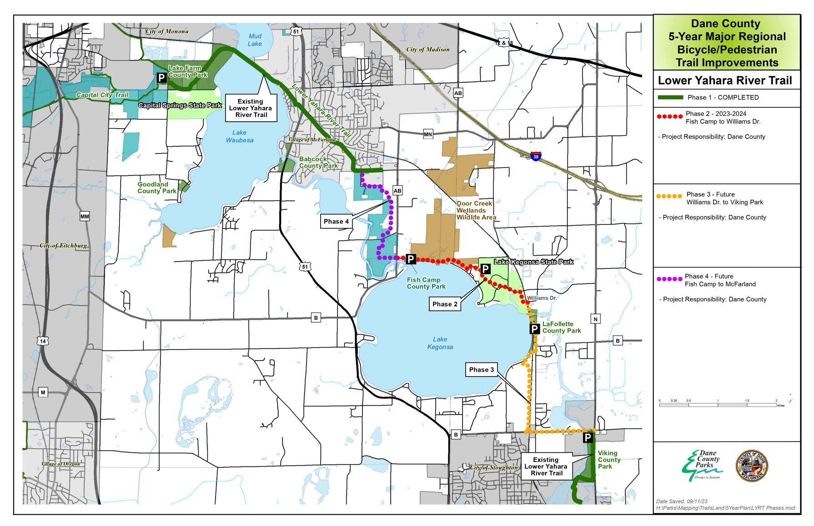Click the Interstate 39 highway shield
point(536,156)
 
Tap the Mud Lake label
point(255,40)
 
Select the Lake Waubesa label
point(240,136)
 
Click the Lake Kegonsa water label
point(440,343)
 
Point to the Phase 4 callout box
point(336,221)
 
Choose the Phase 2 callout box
point(445,304)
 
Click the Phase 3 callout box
point(481,370)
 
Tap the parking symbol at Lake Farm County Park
point(161,78)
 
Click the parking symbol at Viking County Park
point(588,437)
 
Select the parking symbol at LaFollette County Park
point(535,329)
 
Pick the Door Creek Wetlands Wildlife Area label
point(476,210)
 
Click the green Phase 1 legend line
point(670,97)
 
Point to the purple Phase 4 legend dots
point(669,279)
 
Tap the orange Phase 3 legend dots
point(669,196)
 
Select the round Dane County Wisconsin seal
point(752,466)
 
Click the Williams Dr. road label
point(542,298)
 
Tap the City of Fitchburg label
point(63,246)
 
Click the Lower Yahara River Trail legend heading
point(725,81)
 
